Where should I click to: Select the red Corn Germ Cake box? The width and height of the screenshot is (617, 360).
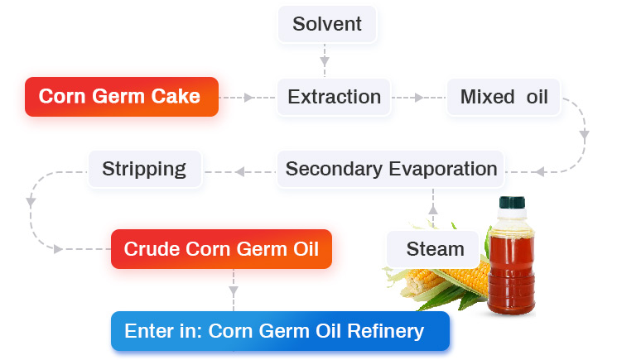pyautogui.click(x=121, y=97)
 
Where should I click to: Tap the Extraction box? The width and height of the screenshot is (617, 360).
pyautogui.click(x=334, y=97)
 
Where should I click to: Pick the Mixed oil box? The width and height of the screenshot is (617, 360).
pyautogui.click(x=504, y=97)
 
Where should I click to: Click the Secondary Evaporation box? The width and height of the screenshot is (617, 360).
pyautogui.click(x=391, y=170)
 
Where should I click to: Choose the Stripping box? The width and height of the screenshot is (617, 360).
pyautogui.click(x=144, y=170)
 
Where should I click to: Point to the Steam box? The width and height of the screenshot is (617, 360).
pyautogui.click(x=435, y=249)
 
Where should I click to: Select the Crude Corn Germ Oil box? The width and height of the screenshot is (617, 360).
pyautogui.click(x=221, y=249)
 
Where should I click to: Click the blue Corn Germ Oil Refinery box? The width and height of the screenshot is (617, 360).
pyautogui.click(x=280, y=332)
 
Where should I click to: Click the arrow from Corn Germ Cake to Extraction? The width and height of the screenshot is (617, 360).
pyautogui.click(x=245, y=98)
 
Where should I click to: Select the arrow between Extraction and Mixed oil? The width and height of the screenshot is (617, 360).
pyautogui.click(x=417, y=98)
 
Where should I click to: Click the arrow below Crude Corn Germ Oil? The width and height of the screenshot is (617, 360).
pyautogui.click(x=234, y=290)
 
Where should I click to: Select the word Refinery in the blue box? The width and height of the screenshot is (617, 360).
pyautogui.click(x=387, y=332)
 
